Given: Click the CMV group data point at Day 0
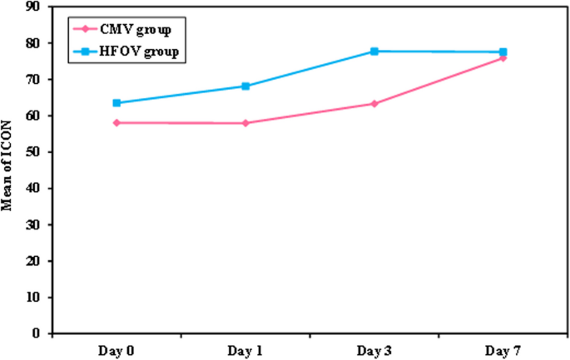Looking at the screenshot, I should (x=117, y=122).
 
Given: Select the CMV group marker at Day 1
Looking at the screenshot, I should (x=245, y=123).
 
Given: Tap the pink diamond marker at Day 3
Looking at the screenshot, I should (x=374, y=103).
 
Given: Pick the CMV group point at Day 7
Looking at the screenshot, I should (x=503, y=57).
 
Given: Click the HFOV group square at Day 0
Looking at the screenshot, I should (x=117, y=103).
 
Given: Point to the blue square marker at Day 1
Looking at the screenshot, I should (x=245, y=86).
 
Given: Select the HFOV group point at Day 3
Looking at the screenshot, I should (x=374, y=52).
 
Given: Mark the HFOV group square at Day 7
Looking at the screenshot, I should (x=503, y=52).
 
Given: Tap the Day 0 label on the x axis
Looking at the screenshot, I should (x=117, y=350).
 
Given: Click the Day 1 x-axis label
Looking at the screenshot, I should (x=245, y=350).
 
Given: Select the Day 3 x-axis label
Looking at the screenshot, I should (x=374, y=350).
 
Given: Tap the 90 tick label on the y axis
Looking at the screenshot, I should (x=36, y=7).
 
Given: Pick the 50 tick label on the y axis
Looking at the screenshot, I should (x=36, y=152).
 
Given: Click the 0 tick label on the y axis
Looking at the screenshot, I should (x=39, y=333).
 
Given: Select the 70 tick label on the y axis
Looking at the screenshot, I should (x=36, y=80).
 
